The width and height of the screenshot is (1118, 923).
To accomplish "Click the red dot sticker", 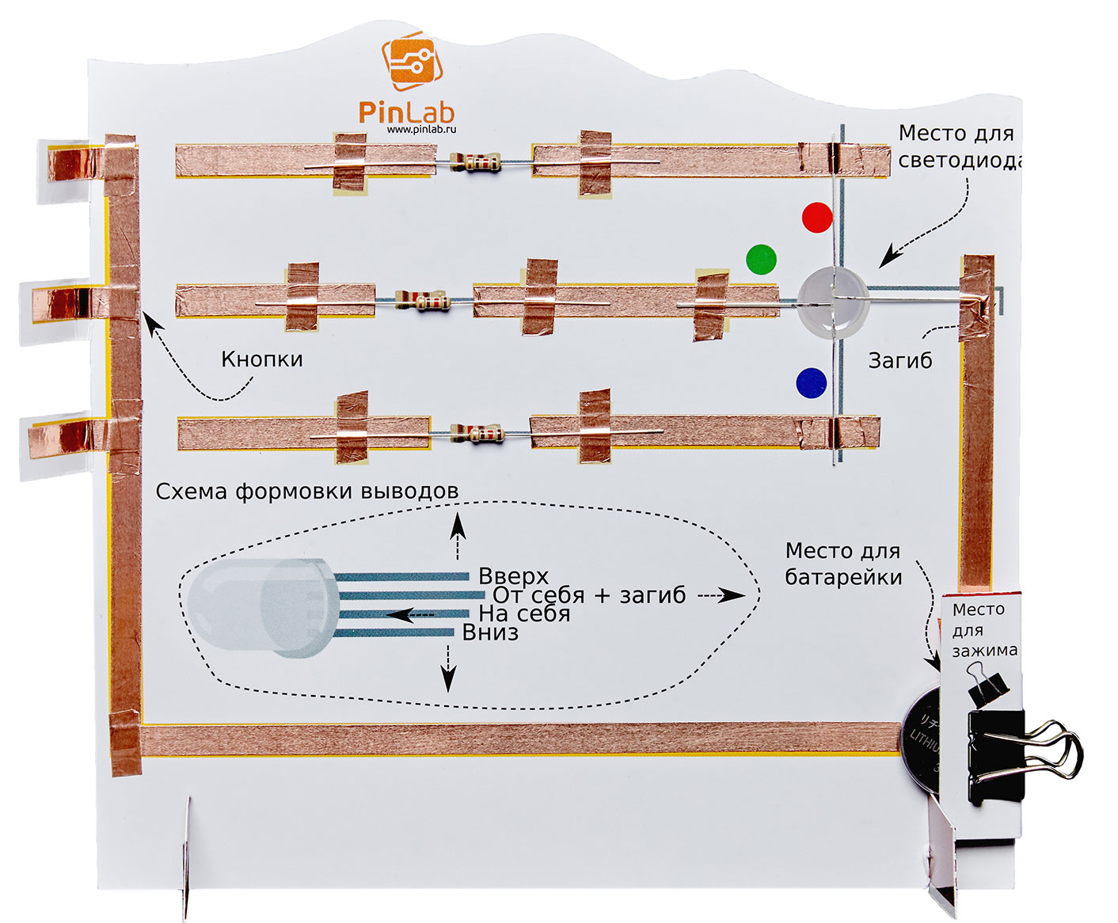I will (817, 216).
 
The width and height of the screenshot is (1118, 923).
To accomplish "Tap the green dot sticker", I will (761, 259).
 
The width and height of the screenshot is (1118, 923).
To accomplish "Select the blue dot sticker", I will (811, 382).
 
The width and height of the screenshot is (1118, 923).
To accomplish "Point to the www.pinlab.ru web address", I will (421, 129).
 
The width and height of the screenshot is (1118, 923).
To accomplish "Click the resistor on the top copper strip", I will (475, 163).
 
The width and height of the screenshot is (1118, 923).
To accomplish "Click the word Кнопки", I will (262, 359).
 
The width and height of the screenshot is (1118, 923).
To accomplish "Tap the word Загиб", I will (900, 361).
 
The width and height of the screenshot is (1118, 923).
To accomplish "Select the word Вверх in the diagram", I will (513, 575).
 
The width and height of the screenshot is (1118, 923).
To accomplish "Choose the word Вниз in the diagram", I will (490, 632).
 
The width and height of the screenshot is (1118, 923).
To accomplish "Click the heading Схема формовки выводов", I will (307, 492).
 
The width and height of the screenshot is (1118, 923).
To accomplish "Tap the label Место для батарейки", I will (843, 564).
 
